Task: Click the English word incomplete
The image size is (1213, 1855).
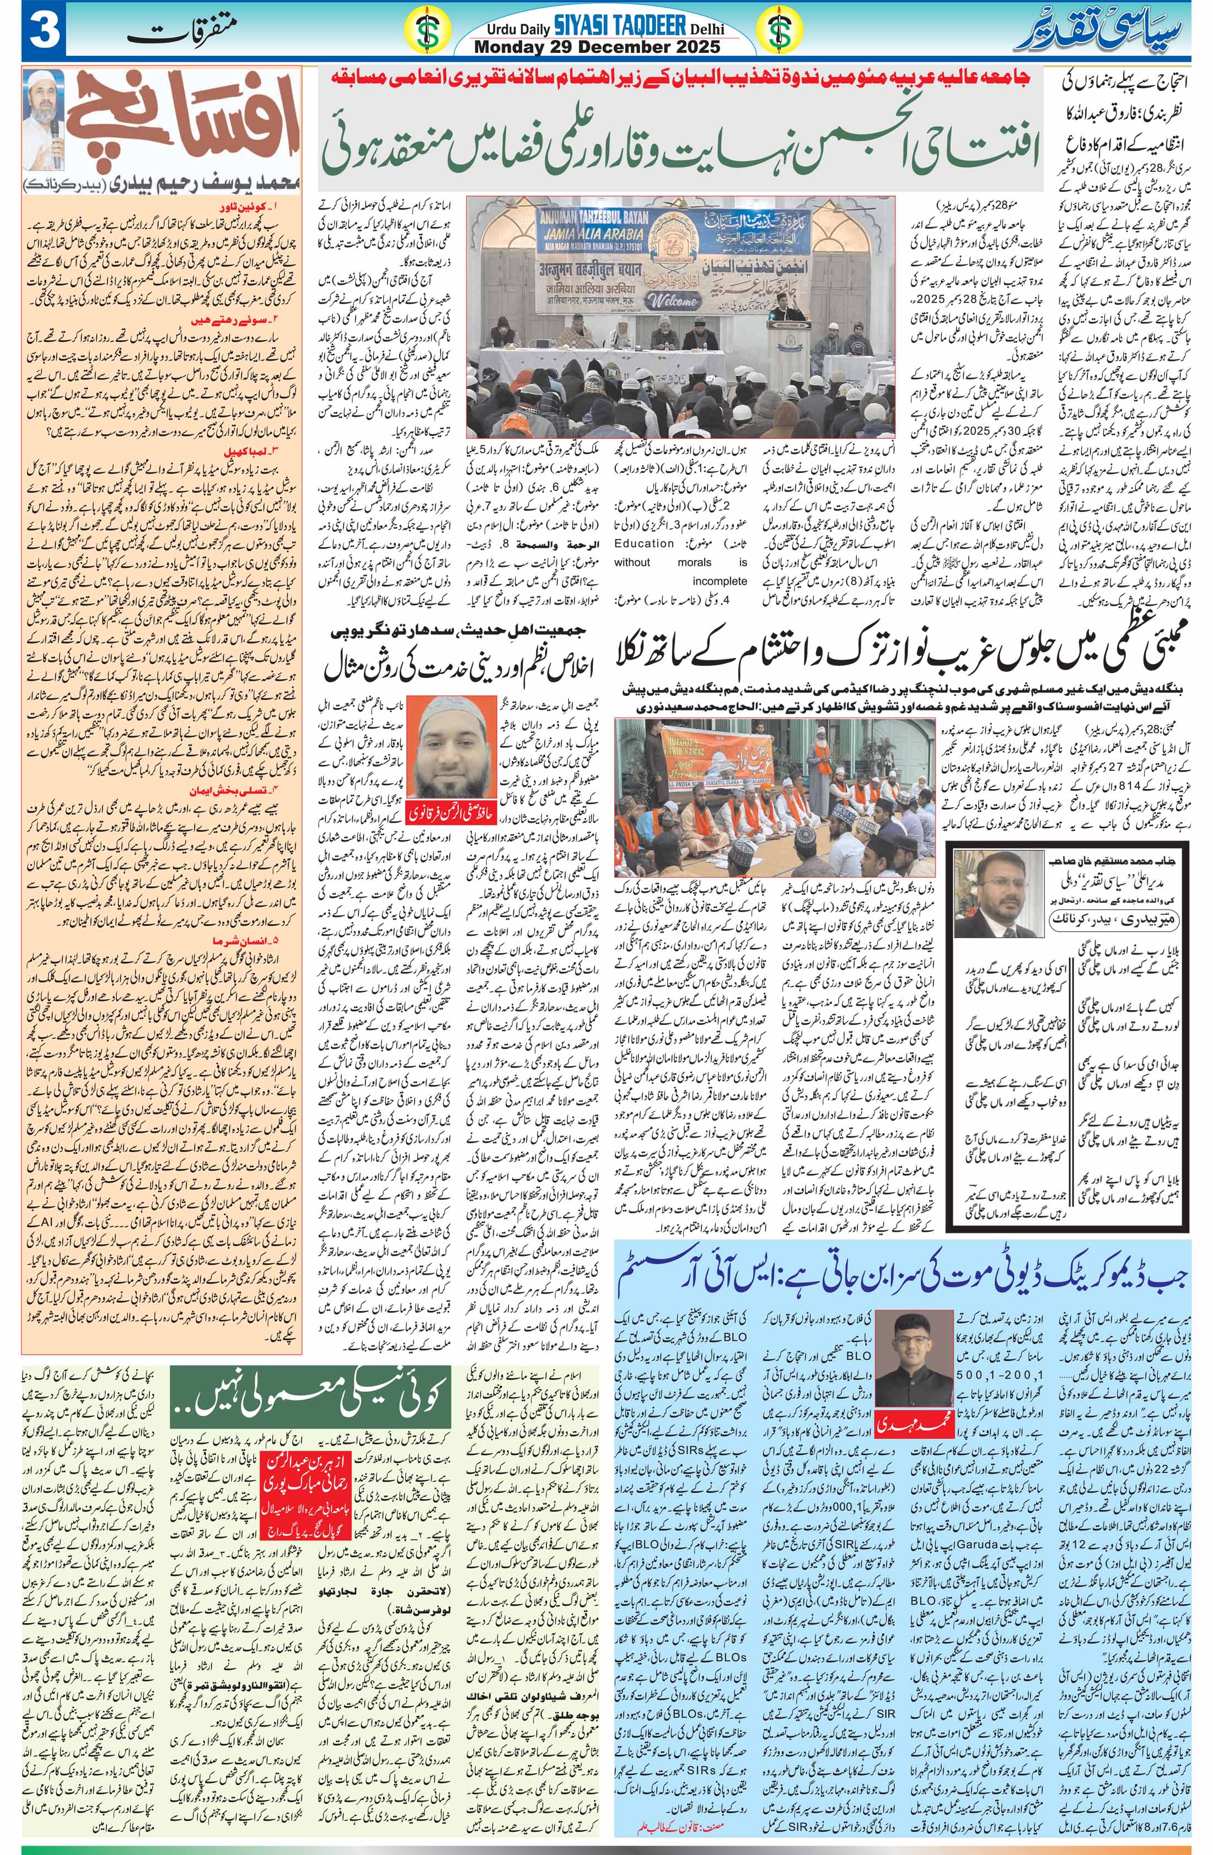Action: [720, 581]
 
